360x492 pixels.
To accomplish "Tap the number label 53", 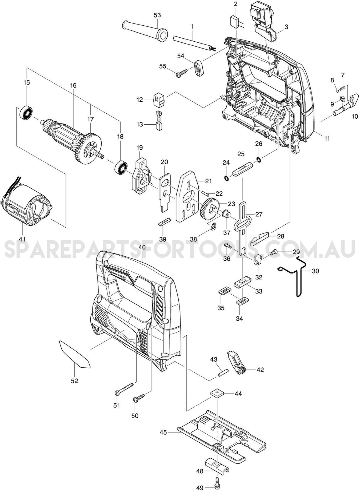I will click(x=157, y=15).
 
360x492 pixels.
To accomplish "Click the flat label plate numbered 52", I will click(x=75, y=355).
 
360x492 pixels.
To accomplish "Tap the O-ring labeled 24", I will click(x=226, y=178).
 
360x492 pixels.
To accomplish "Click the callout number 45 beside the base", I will click(x=163, y=432).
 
